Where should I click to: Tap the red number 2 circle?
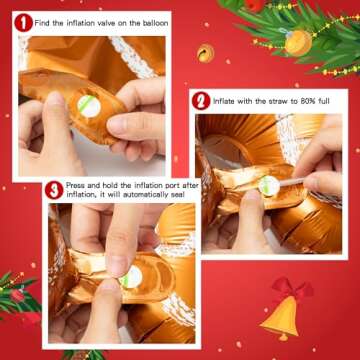[x=201, y=101]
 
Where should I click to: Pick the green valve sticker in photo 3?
[x=130, y=274]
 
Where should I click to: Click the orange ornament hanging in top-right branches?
[x=298, y=41]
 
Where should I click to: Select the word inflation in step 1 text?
[x=83, y=21]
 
